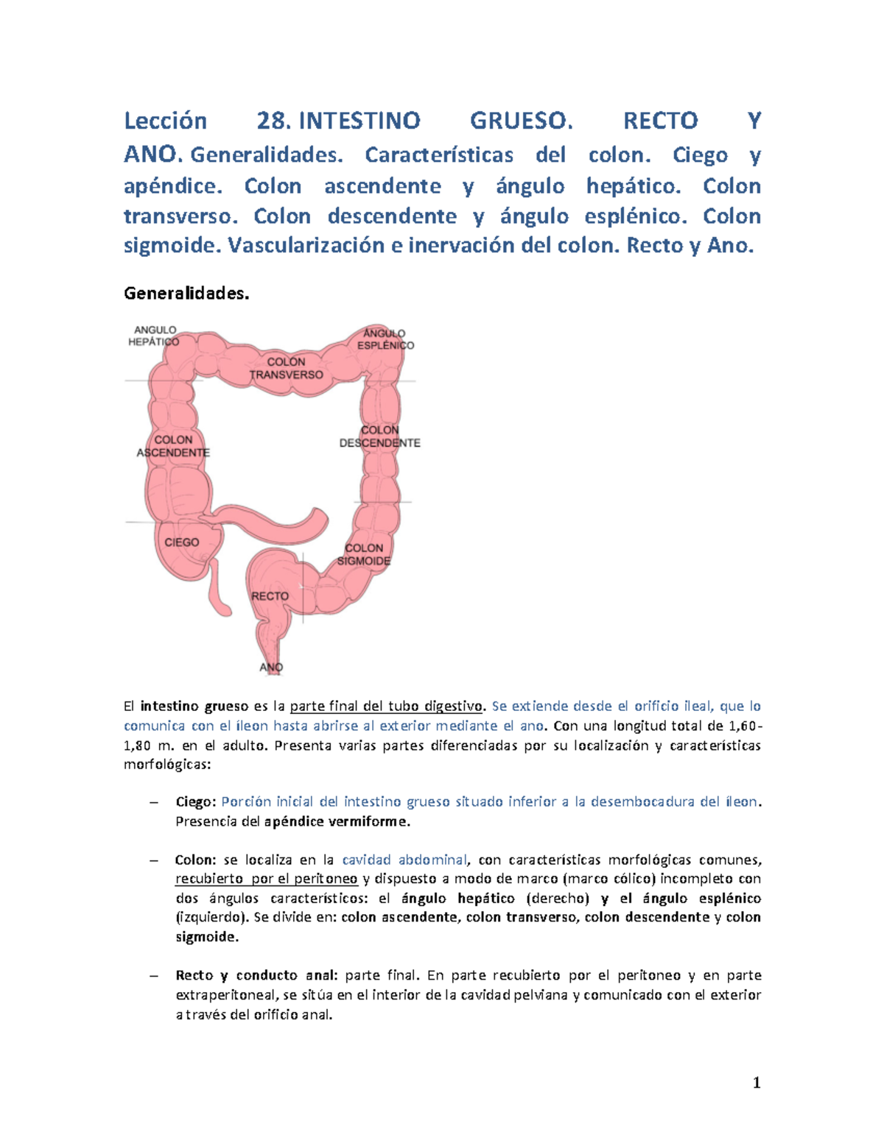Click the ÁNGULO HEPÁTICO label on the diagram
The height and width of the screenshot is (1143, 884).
(x=154, y=336)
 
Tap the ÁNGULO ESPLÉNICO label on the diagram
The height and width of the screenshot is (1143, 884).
(x=385, y=339)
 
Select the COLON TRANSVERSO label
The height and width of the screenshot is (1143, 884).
(x=286, y=368)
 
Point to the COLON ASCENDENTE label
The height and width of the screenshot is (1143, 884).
(x=173, y=446)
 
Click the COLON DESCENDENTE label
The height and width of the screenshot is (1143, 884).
(x=379, y=436)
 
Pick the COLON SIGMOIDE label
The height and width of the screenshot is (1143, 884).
(x=364, y=554)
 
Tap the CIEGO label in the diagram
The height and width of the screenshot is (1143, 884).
(x=181, y=542)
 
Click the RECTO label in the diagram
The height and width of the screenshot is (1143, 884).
(x=270, y=596)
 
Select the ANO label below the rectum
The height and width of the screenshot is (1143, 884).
(x=271, y=668)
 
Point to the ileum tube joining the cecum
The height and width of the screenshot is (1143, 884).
(x=280, y=529)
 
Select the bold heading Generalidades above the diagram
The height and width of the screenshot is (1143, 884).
(x=186, y=294)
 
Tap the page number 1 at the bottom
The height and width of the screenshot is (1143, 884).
(x=756, y=1083)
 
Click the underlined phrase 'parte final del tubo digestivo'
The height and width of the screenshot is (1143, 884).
(x=386, y=707)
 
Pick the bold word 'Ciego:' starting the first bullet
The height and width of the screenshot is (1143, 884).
(x=196, y=801)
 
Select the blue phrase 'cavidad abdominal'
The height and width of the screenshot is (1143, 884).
(x=404, y=860)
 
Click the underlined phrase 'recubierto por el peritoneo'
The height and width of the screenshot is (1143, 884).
(x=267, y=879)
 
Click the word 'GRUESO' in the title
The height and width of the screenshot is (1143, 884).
(x=521, y=121)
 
